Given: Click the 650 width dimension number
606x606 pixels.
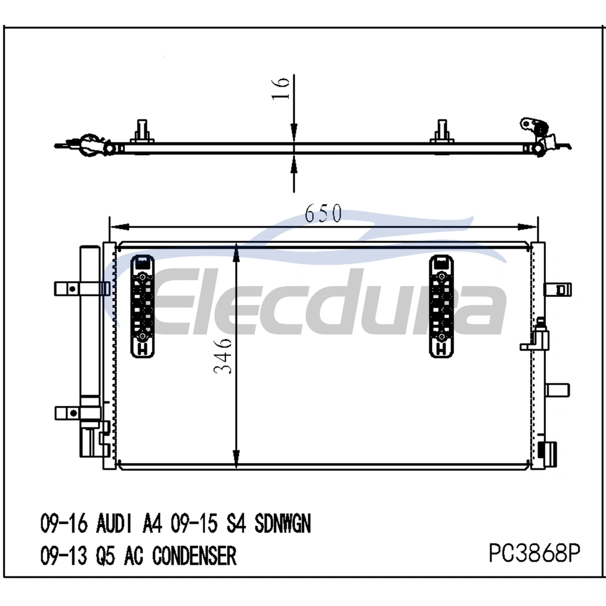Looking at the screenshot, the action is pyautogui.click(x=323, y=213).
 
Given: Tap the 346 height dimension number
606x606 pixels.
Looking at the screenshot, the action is pyautogui.click(x=222, y=356).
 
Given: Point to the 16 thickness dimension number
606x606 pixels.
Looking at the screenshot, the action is pyautogui.click(x=281, y=88).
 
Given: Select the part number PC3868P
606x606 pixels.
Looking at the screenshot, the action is pyautogui.click(x=534, y=553).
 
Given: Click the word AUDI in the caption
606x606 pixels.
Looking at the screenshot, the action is pyautogui.click(x=115, y=524).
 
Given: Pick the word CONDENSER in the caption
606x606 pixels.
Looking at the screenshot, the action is pyautogui.click(x=194, y=556).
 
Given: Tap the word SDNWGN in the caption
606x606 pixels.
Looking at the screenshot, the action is pyautogui.click(x=282, y=524).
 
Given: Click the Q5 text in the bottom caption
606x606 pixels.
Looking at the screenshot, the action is pyautogui.click(x=105, y=556).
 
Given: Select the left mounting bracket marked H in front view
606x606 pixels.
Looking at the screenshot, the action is pyautogui.click(x=142, y=306).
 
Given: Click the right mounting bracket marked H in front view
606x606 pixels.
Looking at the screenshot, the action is pyautogui.click(x=441, y=306).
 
